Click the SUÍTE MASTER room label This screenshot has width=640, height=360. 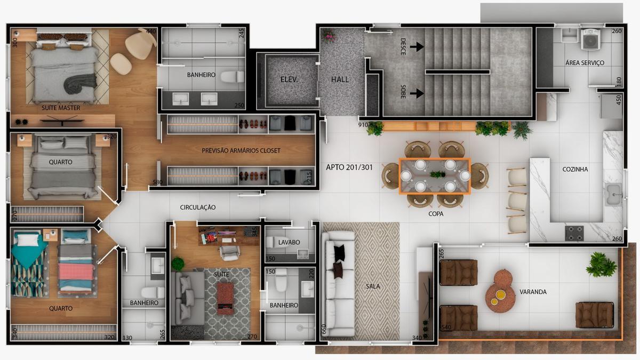[x=61, y=108]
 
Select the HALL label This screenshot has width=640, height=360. [x=340, y=79]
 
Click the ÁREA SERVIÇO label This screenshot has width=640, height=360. [x=585, y=63]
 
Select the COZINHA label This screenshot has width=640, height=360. [x=575, y=170]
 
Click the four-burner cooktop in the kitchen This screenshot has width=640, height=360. [x=574, y=233]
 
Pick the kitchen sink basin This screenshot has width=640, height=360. [x=614, y=191]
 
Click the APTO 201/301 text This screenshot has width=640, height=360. [x=349, y=167]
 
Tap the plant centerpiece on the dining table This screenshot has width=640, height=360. [x=437, y=174]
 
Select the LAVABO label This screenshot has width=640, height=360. [x=289, y=242]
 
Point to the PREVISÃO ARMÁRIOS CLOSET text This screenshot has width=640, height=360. [x=241, y=151]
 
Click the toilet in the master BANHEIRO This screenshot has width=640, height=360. [x=231, y=77]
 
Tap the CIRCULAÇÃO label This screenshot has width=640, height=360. [x=198, y=207]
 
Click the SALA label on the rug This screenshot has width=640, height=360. [x=373, y=286]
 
